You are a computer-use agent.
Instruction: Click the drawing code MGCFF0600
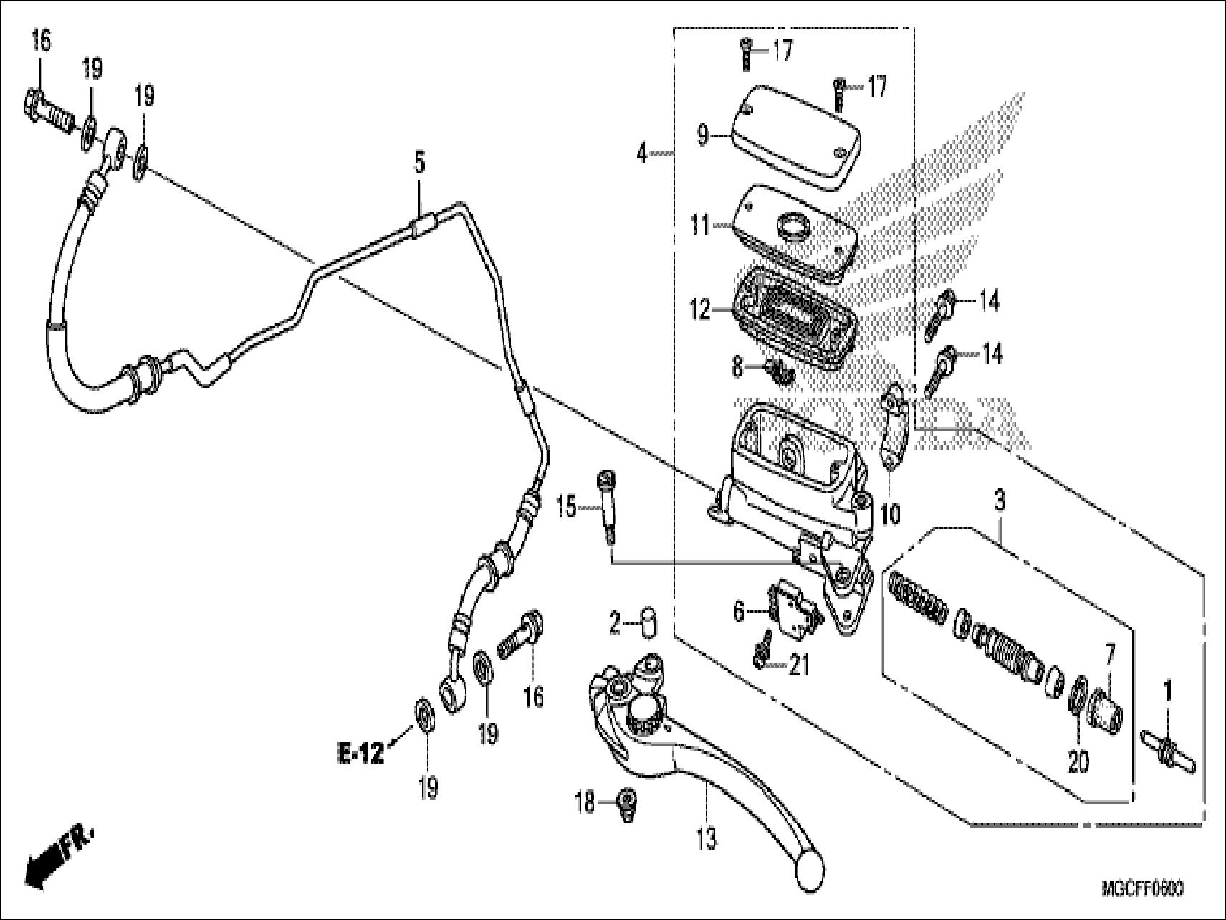point(1142,889)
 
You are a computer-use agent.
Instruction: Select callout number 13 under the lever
point(705,838)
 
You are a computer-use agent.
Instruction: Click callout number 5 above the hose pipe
point(419,163)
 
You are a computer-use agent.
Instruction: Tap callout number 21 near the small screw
point(798,666)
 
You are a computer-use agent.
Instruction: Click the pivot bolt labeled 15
point(608,511)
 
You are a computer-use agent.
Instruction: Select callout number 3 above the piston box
point(1000,501)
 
